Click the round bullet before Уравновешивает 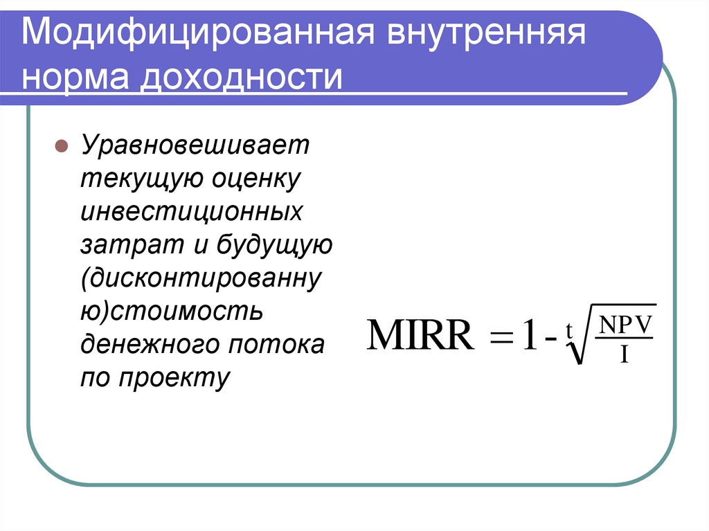pyautogui.click(x=61, y=147)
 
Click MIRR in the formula pyautogui.click(x=422, y=337)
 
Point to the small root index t pyautogui.click(x=568, y=332)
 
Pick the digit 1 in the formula pyautogui.click(x=528, y=337)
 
